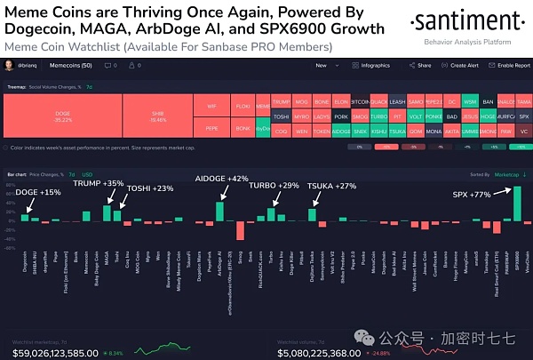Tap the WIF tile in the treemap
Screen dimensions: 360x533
coord(211,107)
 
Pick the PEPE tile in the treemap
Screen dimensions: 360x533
coord(211,130)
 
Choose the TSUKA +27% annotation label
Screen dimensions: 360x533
coord(330,185)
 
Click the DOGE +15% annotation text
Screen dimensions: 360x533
coord(38,192)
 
